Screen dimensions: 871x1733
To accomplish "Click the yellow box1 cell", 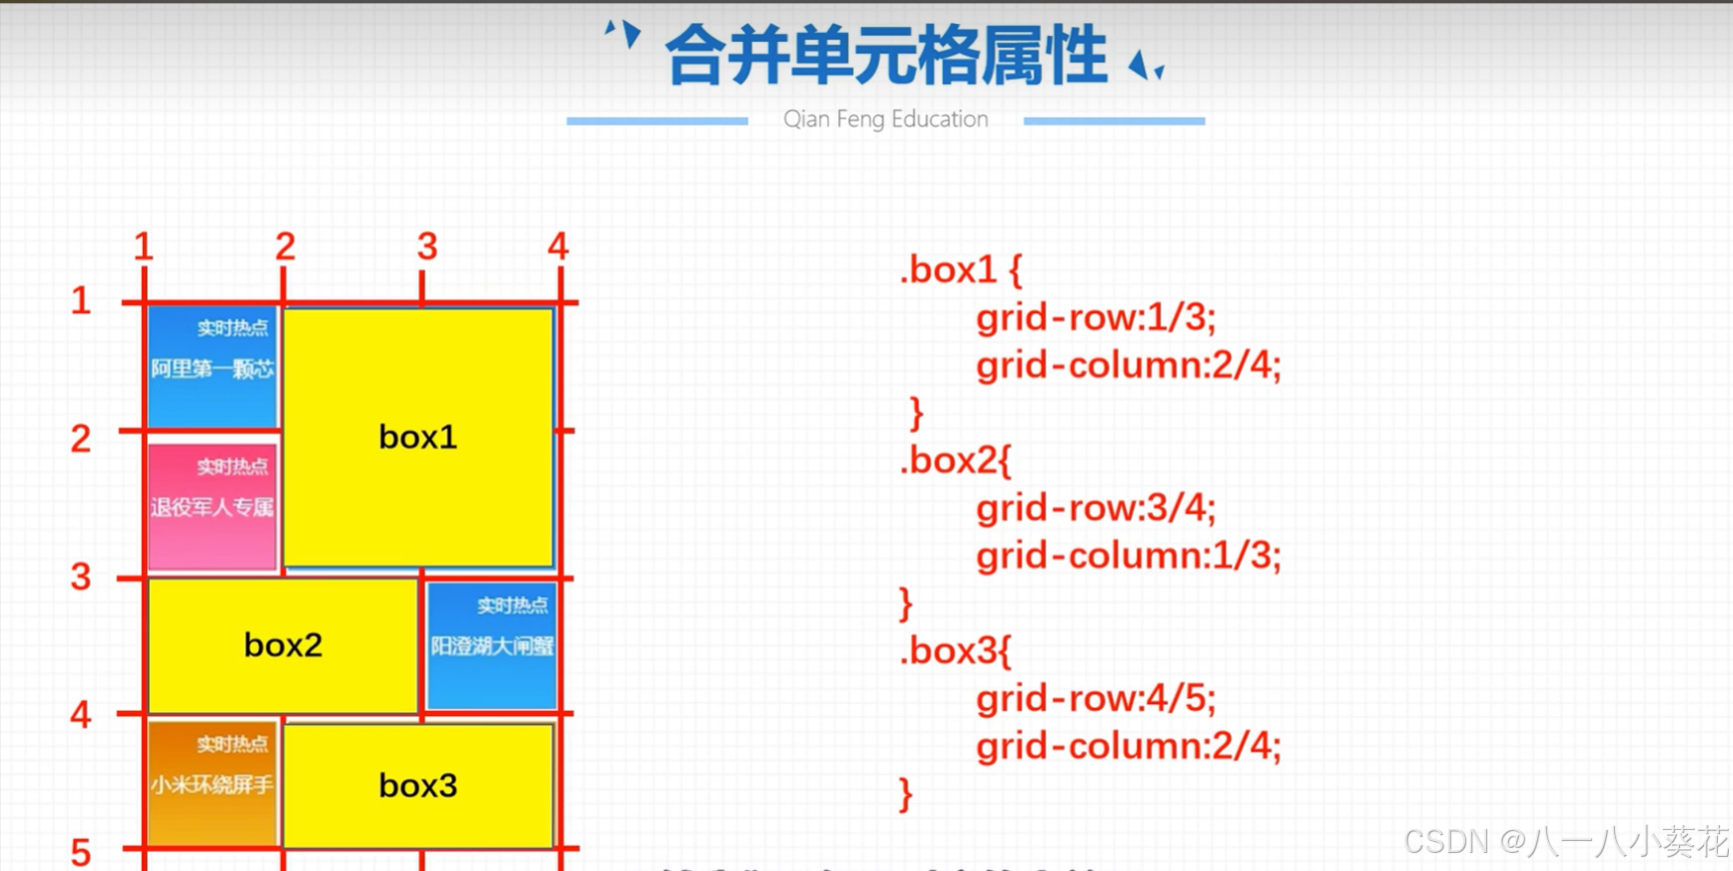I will click(x=418, y=436).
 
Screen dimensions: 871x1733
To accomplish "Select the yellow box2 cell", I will click(x=283, y=645).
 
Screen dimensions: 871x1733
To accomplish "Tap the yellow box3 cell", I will click(x=418, y=785).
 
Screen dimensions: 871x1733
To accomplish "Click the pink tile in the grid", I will click(x=212, y=506).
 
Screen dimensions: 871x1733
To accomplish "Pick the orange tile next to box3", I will click(x=212, y=783).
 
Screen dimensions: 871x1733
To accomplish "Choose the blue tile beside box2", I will click(x=491, y=645).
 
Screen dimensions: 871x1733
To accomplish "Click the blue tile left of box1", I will click(x=212, y=368).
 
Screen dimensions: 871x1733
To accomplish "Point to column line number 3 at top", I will click(x=427, y=247).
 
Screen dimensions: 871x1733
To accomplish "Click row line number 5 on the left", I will click(x=81, y=852).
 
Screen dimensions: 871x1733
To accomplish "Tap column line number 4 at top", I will click(x=557, y=247).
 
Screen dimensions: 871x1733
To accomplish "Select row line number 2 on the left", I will click(x=81, y=438).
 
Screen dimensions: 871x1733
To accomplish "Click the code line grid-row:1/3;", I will click(x=1096, y=318).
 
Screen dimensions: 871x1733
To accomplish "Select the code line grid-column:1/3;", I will click(x=1128, y=555).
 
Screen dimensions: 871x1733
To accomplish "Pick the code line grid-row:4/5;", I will click(x=1096, y=698).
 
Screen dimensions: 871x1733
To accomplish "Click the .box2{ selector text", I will click(x=956, y=460).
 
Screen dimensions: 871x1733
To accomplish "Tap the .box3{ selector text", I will click(x=956, y=651).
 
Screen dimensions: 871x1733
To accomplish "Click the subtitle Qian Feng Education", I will click(x=885, y=119).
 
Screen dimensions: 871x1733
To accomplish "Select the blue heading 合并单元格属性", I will click(x=885, y=56).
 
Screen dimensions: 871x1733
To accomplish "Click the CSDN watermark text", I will click(x=1565, y=842).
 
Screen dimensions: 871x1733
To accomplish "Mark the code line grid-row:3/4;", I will click(x=1096, y=508).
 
